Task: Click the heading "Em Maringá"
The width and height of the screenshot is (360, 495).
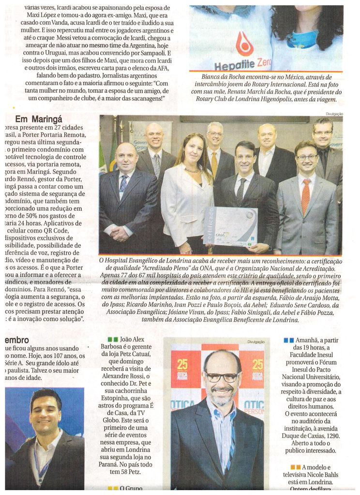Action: click(39, 119)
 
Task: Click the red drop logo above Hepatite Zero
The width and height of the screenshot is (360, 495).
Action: click(245, 44)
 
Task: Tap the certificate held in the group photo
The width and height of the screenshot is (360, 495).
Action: click(230, 226)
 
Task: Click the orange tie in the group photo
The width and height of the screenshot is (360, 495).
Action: click(306, 196)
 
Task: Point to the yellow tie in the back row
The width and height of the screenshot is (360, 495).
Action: click(214, 164)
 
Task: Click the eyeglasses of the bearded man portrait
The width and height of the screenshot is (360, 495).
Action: click(222, 377)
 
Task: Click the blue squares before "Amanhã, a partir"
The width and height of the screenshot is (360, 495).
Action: click(288, 340)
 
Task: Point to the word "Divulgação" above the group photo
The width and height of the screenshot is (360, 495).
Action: click(334, 114)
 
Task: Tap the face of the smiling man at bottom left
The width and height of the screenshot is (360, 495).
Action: click(45, 412)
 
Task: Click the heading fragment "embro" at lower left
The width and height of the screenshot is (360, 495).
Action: click(17, 340)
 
